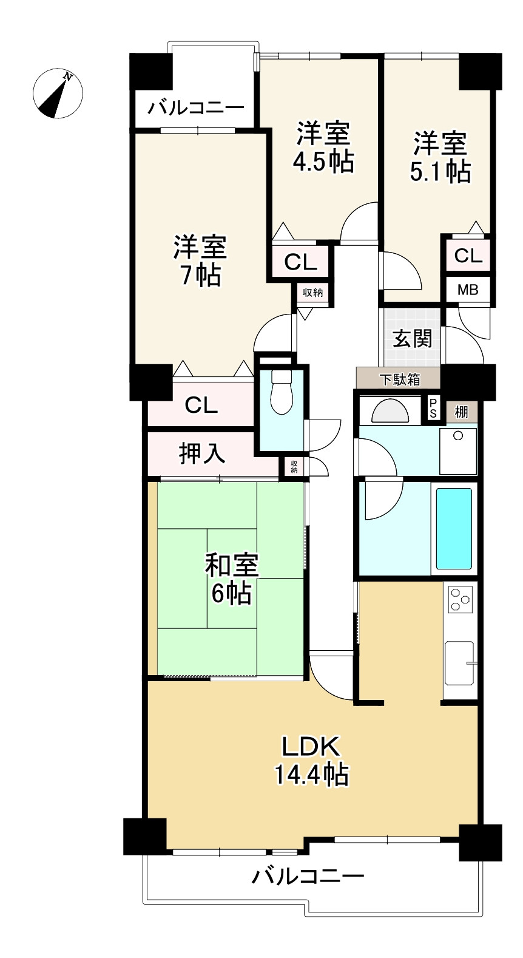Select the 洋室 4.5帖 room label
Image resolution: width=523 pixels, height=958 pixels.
click(x=323, y=148)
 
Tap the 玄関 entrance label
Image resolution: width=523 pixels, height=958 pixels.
click(x=413, y=338)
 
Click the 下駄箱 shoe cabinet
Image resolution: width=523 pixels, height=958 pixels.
click(x=400, y=380)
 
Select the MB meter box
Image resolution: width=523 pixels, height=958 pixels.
click(x=468, y=290)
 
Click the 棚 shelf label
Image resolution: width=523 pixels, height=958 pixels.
click(x=461, y=412)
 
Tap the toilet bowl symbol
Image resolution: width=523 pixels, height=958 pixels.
click(x=282, y=393)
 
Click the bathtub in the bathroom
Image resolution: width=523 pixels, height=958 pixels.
click(x=454, y=528)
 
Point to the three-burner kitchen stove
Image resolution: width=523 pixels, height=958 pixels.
click(x=460, y=600)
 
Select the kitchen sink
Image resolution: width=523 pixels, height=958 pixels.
click(x=459, y=663)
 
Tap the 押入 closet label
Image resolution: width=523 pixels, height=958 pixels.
click(x=202, y=453)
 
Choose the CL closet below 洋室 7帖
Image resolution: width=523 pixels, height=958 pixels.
click(x=201, y=405)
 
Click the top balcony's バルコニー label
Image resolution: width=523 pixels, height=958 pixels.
click(x=196, y=109)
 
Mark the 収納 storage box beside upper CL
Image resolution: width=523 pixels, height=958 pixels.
click(x=312, y=293)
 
